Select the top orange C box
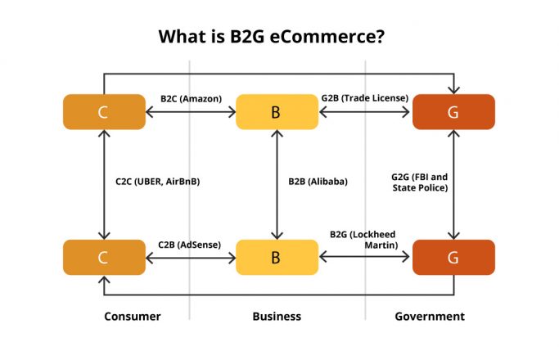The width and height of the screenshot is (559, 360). (x=103, y=112)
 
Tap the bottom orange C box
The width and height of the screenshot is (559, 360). (x=103, y=257)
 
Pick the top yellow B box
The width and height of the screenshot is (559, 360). (x=276, y=112)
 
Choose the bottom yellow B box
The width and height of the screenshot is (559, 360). (x=276, y=257)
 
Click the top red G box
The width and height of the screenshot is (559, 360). (x=453, y=112)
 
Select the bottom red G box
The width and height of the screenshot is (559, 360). (x=453, y=257)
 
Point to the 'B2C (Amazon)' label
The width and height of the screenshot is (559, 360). (x=190, y=98)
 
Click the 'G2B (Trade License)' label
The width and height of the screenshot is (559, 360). (x=364, y=98)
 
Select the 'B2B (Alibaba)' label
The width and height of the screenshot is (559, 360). (x=318, y=182)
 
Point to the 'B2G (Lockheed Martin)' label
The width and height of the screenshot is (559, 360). (x=363, y=239)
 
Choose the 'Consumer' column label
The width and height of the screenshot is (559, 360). (x=133, y=316)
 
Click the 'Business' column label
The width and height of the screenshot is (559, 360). (x=276, y=316)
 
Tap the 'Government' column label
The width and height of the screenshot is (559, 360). (x=429, y=316)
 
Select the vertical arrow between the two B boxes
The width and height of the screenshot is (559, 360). (x=276, y=184)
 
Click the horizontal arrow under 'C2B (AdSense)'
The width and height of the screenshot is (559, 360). (x=190, y=257)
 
